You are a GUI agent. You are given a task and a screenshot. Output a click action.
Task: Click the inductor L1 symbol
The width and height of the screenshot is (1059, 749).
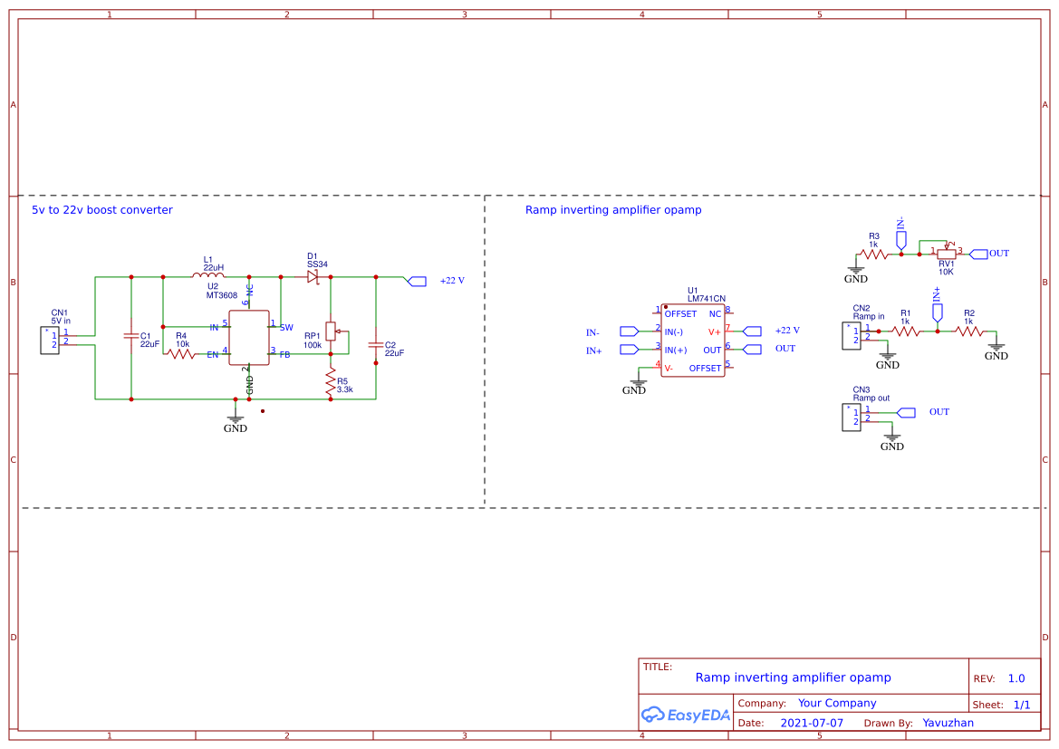click(208, 276)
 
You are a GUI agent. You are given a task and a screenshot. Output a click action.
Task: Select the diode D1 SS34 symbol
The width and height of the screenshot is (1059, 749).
click(313, 276)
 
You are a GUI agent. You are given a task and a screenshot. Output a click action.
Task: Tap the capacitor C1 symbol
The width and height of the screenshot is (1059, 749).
click(131, 337)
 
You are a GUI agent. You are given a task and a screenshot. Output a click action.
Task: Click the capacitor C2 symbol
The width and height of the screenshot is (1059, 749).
click(376, 345)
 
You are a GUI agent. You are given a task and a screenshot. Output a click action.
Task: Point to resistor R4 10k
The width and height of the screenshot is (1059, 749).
click(181, 353)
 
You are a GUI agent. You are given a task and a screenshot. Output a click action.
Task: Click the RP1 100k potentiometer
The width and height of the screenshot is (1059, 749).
click(331, 331)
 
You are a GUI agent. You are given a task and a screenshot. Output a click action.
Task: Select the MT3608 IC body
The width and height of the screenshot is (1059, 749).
click(249, 338)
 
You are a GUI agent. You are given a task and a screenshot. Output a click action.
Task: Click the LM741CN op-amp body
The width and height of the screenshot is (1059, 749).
click(692, 341)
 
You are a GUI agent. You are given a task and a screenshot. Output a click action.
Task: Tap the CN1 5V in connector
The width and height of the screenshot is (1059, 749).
click(50, 340)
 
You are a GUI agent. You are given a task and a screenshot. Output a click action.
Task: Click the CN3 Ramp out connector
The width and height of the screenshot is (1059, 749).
click(852, 417)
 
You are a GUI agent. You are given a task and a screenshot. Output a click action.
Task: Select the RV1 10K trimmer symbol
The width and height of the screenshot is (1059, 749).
click(947, 254)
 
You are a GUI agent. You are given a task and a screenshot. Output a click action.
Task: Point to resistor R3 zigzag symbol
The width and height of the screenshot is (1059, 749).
click(874, 254)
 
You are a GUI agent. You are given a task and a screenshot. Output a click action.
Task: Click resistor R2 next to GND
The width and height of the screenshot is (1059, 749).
click(968, 331)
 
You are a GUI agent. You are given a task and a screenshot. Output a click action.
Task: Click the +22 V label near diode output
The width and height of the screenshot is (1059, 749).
click(451, 281)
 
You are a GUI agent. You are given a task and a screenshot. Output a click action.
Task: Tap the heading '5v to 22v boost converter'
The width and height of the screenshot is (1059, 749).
click(102, 210)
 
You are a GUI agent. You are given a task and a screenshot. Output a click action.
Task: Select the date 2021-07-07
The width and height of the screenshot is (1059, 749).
click(812, 723)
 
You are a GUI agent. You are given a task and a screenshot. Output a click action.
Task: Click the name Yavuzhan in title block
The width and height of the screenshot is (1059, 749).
click(948, 723)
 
